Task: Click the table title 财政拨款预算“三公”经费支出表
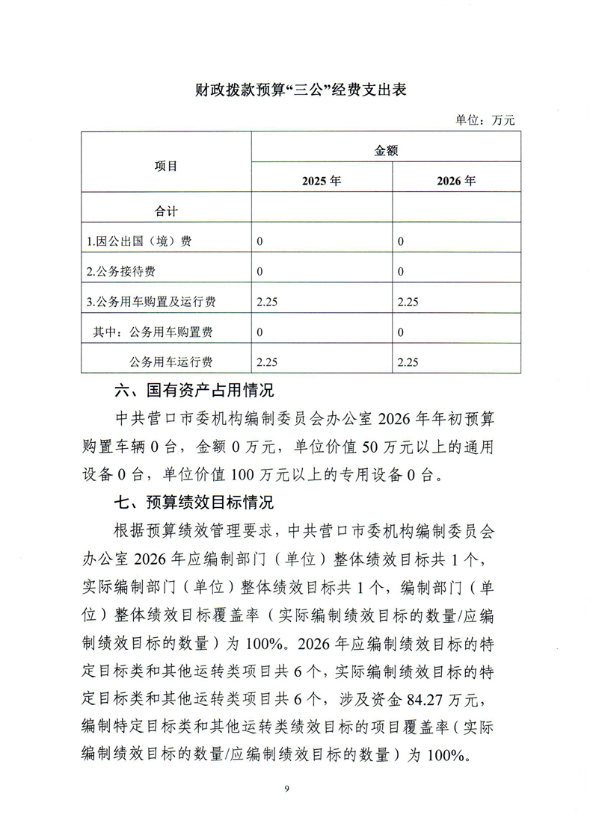296,90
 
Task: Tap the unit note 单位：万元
485,120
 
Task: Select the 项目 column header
166,166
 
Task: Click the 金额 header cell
386,150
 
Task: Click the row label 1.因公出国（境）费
138,242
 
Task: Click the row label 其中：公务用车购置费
153,332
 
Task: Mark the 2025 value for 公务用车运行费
267,362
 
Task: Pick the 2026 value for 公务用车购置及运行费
408,302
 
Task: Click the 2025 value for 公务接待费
259,272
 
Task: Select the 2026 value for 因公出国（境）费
401,242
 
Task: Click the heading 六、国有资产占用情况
194,391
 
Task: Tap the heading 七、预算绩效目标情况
194,502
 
